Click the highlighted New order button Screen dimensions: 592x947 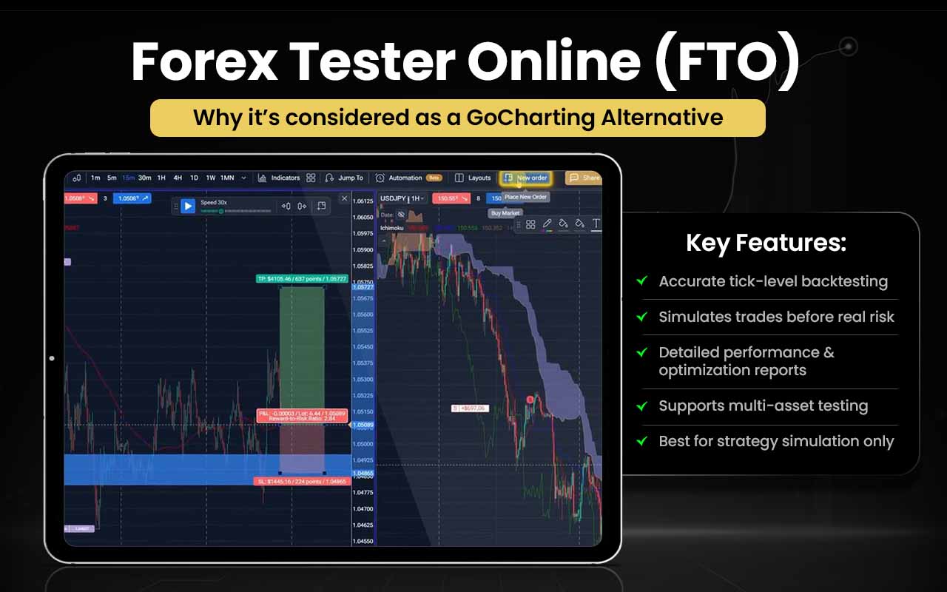pyautogui.click(x=526, y=178)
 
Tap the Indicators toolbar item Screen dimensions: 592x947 pyautogui.click(x=279, y=178)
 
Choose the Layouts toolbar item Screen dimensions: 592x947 pyautogui.click(x=473, y=178)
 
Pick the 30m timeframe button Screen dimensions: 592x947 pyautogui.click(x=144, y=178)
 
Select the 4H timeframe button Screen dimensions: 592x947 pyautogui.click(x=178, y=178)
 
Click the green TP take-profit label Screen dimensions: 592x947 pyautogui.click(x=302, y=279)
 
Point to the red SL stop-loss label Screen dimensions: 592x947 pyautogui.click(x=301, y=481)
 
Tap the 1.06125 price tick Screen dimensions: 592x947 pyautogui.click(x=363, y=201)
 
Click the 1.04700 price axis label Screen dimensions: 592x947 pyautogui.click(x=363, y=509)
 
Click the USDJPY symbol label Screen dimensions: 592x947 pyautogui.click(x=394, y=198)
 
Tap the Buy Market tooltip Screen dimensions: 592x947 pyautogui.click(x=505, y=213)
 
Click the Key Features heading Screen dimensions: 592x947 pyautogui.click(x=766, y=243)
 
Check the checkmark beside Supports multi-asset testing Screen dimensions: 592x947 pyautogui.click(x=642, y=405)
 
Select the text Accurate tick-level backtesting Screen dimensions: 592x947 pyautogui.click(x=773, y=281)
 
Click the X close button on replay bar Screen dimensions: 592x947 pyautogui.click(x=344, y=198)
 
